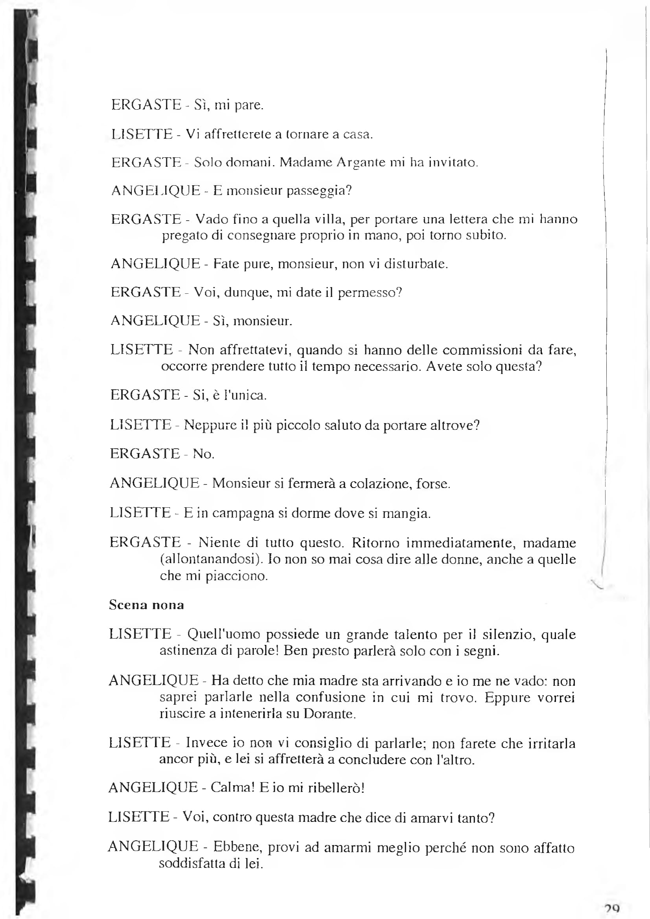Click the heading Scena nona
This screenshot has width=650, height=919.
147,604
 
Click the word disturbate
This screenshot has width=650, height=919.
415,264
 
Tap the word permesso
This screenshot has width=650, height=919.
369,293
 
